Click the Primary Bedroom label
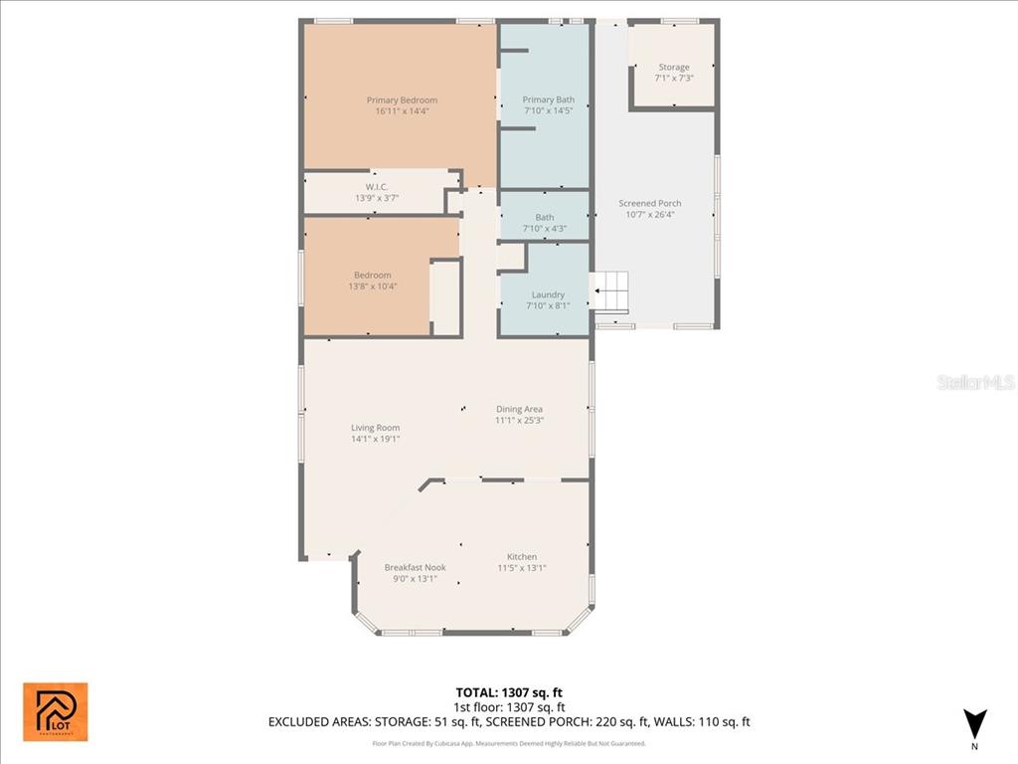402,100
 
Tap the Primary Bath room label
549,100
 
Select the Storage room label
673,68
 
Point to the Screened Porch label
649,204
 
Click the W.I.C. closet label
376,187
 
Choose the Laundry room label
548,295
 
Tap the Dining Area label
519,409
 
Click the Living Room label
375,428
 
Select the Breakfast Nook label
415,567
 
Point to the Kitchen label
522,557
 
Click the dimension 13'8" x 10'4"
373,286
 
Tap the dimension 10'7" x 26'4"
649,215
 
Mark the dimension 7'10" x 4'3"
545,229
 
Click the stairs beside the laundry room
611,289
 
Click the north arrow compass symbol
974,723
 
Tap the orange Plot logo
56,711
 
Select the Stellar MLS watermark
975,382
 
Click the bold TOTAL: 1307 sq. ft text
509,692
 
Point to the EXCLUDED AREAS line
509,722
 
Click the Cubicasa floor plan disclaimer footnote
509,743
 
